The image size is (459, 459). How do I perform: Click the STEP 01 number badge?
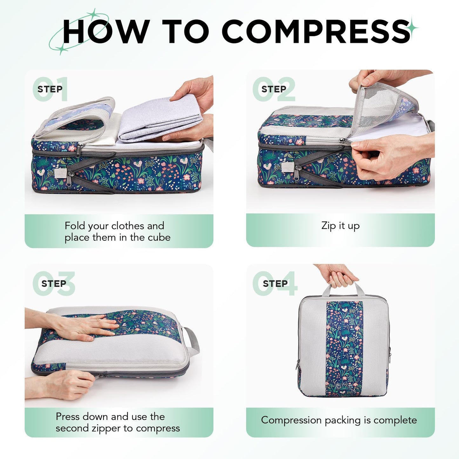(50, 89)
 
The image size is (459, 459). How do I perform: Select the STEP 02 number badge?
(274, 89)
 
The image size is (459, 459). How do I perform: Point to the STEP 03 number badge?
(54, 283)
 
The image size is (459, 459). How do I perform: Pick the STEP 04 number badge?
(275, 283)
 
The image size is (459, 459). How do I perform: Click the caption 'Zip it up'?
(340, 226)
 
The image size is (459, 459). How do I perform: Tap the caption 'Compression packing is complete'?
(339, 420)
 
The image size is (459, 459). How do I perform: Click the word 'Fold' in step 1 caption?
(75, 226)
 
